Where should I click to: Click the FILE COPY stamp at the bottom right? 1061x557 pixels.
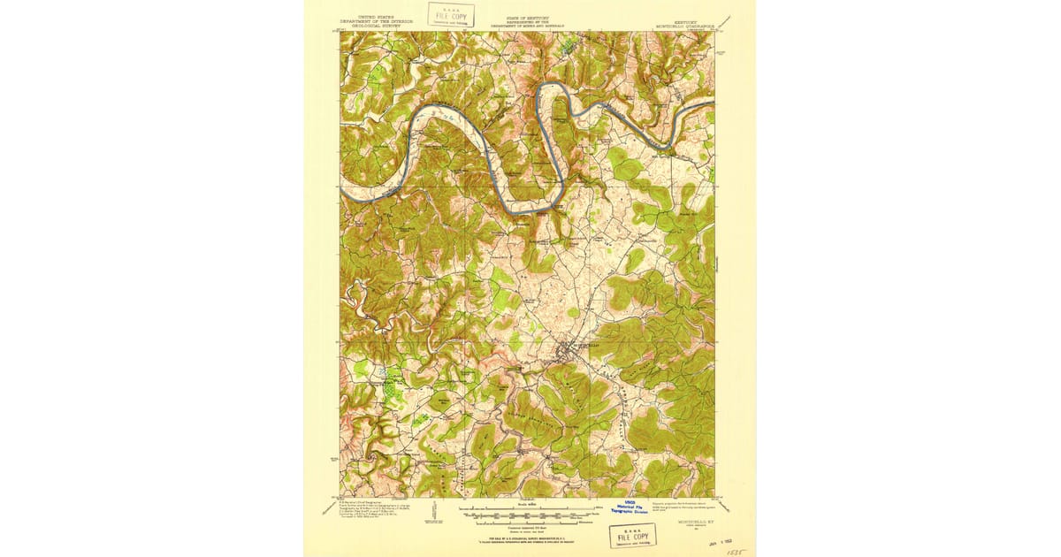pyautogui.click(x=632, y=537)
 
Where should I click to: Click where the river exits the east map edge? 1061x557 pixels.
pyautogui.click(x=713, y=103)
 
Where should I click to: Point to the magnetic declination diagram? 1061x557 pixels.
pyautogui.click(x=434, y=510)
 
